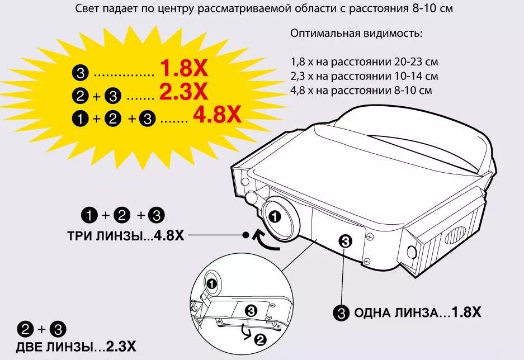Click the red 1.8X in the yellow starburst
pos(184,68)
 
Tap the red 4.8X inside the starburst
pos(217,115)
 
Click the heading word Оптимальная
pos(320,34)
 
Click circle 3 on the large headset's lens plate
pos(345,241)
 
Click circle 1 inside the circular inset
pos(211,284)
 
